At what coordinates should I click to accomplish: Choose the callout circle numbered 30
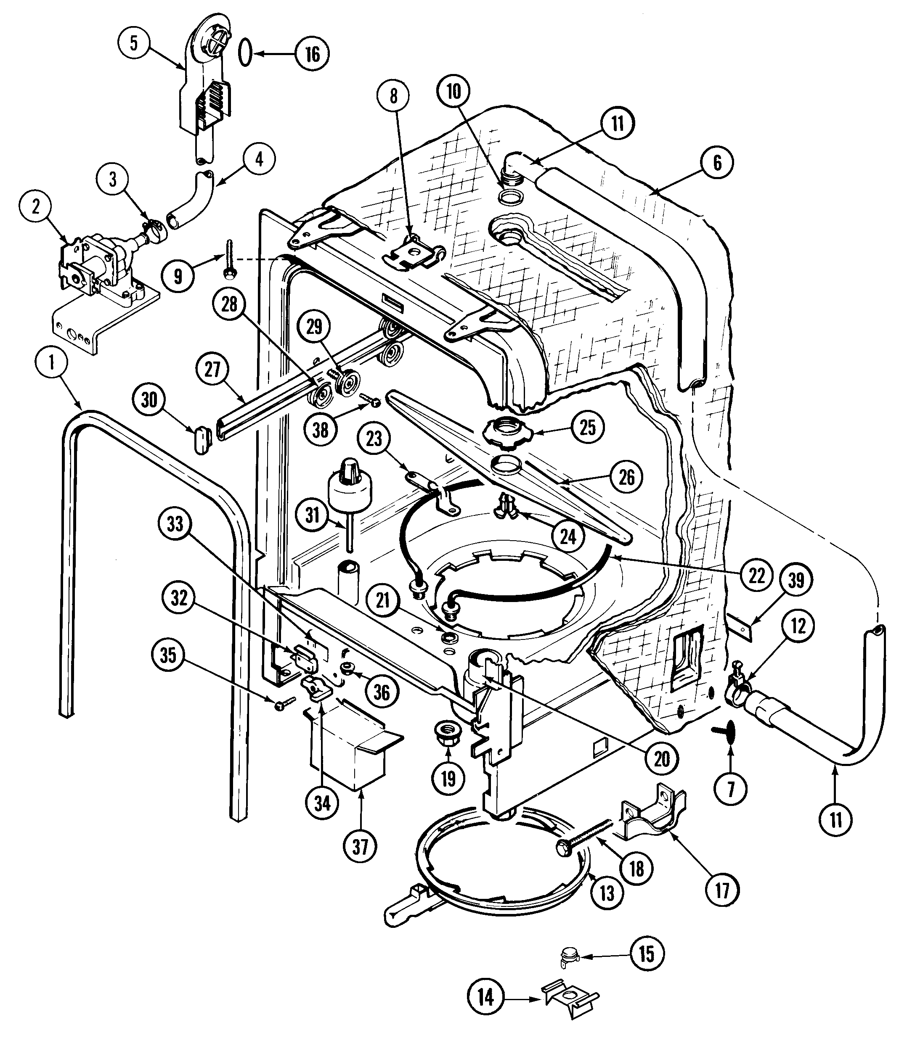(x=149, y=400)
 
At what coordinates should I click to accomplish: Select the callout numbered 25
(x=587, y=427)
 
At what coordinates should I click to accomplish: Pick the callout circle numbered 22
(x=756, y=575)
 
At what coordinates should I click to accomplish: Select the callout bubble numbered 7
(x=730, y=790)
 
